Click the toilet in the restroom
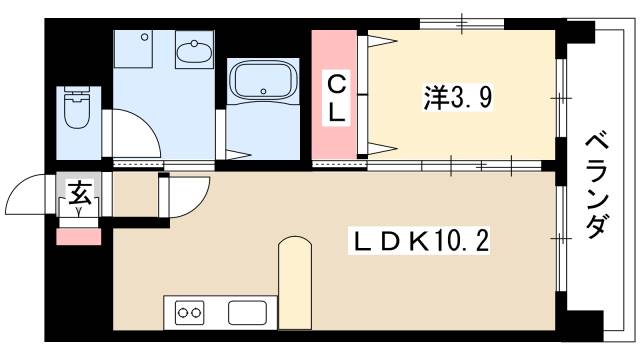coord(76,109)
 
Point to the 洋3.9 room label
coord(457,97)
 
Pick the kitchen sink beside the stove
coord(245,312)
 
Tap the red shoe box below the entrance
coord(79,236)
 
